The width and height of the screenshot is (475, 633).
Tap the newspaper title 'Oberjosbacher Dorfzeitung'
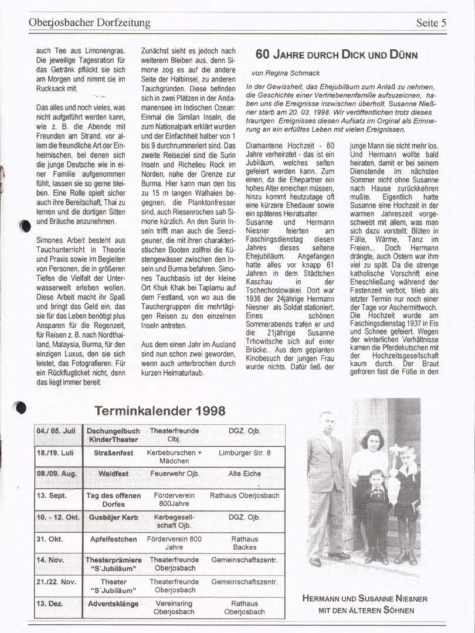tap(89, 23)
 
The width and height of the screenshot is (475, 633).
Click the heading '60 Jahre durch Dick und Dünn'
tap(337, 55)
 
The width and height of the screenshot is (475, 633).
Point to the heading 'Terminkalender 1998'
tap(160, 411)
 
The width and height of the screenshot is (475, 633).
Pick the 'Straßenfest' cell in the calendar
tap(113, 453)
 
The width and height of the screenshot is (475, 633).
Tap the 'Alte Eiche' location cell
tap(245, 474)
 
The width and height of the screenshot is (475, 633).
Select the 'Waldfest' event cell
tap(113, 474)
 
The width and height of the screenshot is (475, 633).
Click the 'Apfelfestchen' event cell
tap(113, 539)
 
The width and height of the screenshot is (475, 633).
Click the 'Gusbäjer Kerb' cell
tap(113, 518)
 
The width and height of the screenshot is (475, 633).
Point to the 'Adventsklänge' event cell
tap(113, 604)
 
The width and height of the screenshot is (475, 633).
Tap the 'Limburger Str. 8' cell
tap(245, 453)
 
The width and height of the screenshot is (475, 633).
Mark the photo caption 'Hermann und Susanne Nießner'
tap(365, 598)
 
